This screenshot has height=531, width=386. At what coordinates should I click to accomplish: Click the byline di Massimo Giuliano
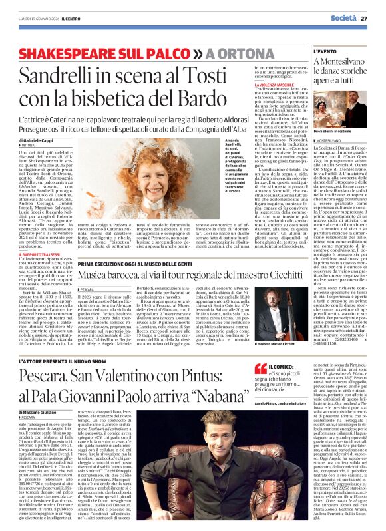coord(33,414)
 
